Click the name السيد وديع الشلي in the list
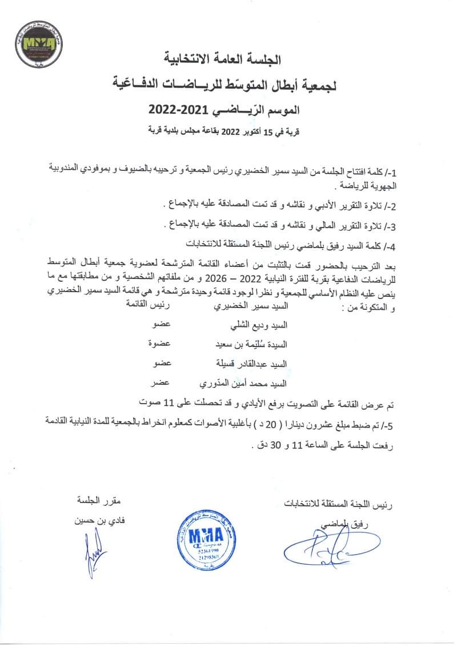click(x=257, y=326)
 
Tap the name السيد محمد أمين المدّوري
click(x=242, y=382)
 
